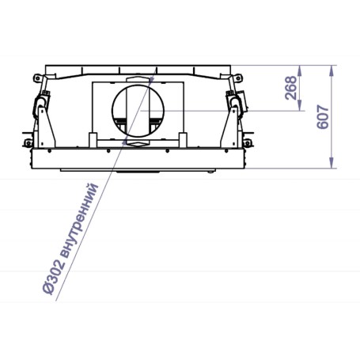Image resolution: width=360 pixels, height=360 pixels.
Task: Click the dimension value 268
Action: [291, 88]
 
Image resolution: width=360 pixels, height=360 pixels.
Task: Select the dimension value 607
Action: [323, 117]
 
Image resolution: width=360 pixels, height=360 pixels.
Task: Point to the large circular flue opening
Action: [138, 85]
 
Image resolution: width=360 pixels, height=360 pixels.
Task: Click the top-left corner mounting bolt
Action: [36, 78]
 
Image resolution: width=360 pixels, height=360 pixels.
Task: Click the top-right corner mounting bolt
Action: [238, 78]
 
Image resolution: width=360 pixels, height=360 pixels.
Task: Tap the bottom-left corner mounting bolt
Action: [28, 143]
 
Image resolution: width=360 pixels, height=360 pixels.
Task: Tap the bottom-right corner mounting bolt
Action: [247, 143]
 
